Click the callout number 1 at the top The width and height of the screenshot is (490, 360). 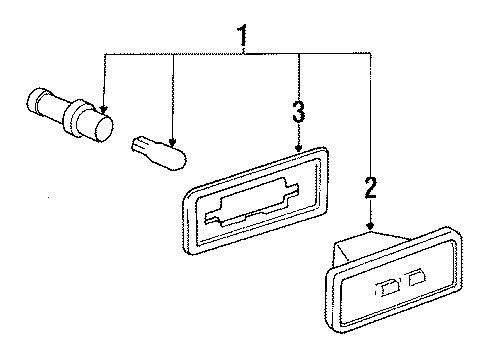click(242, 35)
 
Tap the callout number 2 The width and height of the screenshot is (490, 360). click(370, 188)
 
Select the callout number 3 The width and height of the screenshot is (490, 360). click(298, 112)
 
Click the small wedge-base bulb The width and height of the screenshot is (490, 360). click(159, 153)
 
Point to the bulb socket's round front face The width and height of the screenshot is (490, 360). click(104, 128)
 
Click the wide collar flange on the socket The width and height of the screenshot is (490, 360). click(73, 118)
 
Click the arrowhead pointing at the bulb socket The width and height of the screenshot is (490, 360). click(104, 110)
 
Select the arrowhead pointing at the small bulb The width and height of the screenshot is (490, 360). click(172, 143)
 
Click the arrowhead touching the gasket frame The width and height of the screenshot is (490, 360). click(298, 149)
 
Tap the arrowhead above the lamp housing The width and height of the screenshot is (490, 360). click(370, 227)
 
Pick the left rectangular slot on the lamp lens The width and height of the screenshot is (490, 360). click(388, 289)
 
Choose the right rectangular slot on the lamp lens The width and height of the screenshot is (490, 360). click(417, 277)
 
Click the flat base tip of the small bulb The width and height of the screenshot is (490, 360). click(137, 144)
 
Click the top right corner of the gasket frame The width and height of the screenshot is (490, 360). click(325, 149)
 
